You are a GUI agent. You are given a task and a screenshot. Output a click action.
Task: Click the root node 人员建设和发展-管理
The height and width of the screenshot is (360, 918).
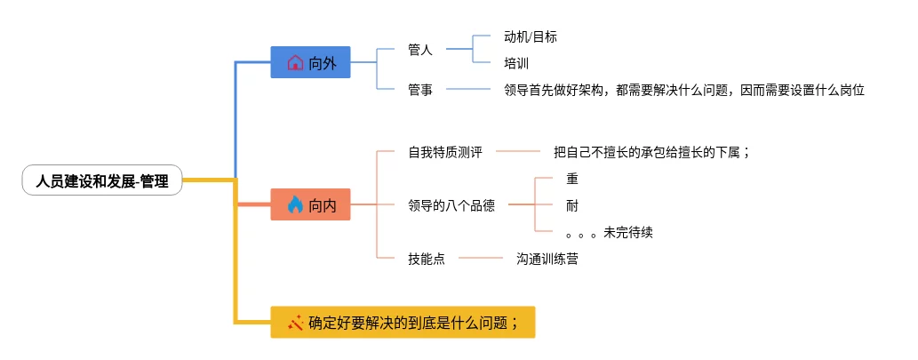[102, 180]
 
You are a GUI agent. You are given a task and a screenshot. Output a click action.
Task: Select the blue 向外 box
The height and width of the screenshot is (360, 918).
[310, 62]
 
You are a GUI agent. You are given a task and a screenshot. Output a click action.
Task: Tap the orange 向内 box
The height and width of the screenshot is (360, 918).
[310, 205]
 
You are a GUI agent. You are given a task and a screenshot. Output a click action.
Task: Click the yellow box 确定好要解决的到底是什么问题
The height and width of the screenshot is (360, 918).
[403, 323]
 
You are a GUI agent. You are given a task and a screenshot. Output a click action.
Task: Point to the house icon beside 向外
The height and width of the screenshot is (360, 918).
[295, 63]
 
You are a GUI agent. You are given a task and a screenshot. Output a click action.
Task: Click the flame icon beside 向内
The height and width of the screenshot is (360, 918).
[295, 205]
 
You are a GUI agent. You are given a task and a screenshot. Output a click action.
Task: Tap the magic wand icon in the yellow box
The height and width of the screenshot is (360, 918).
[296, 323]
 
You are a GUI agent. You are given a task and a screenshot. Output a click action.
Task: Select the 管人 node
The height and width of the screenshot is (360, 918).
[420, 50]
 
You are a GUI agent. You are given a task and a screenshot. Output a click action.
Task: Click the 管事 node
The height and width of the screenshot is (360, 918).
[420, 90]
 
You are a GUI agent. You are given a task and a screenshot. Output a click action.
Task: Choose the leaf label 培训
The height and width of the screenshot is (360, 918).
[516, 63]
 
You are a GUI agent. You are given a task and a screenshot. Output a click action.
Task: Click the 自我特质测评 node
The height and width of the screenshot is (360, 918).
[445, 152]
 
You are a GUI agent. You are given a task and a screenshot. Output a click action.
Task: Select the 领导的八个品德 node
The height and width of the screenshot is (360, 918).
[451, 205]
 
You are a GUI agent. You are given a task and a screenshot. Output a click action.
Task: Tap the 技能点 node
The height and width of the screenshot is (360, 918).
[427, 259]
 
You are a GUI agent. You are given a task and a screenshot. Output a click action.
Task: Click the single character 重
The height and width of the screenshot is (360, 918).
[572, 179]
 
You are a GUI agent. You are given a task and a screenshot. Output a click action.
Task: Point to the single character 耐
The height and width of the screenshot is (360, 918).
[572, 205]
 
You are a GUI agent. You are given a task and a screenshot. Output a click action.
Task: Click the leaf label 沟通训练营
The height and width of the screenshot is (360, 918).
[547, 259]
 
